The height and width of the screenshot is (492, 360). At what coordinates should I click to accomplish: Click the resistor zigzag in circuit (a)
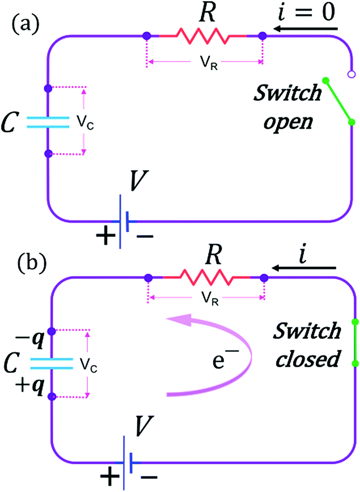coord(204,35)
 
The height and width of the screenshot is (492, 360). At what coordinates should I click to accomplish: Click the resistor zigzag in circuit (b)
coord(206,278)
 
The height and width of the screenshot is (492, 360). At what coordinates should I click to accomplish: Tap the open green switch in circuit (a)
coord(339,101)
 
